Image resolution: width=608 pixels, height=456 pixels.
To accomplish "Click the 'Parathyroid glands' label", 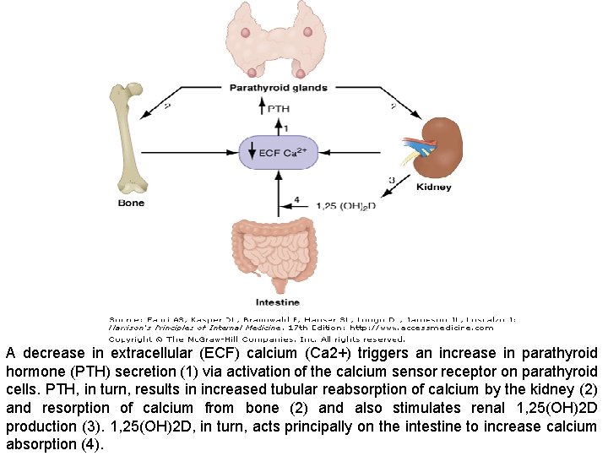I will (x=278, y=87).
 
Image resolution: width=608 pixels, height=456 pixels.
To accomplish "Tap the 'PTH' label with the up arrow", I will (x=279, y=109).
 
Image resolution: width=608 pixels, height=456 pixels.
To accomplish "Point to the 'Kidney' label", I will (x=433, y=187).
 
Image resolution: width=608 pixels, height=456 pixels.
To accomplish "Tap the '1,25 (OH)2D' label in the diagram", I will (x=345, y=204).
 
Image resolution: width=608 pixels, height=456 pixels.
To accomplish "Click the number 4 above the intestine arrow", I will (x=296, y=200).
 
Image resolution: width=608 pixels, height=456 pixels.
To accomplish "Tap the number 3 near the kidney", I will (x=391, y=180).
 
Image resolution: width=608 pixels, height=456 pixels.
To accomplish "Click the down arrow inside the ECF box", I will (x=251, y=153).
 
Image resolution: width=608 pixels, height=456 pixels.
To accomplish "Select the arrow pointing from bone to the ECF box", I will (x=203, y=153).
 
